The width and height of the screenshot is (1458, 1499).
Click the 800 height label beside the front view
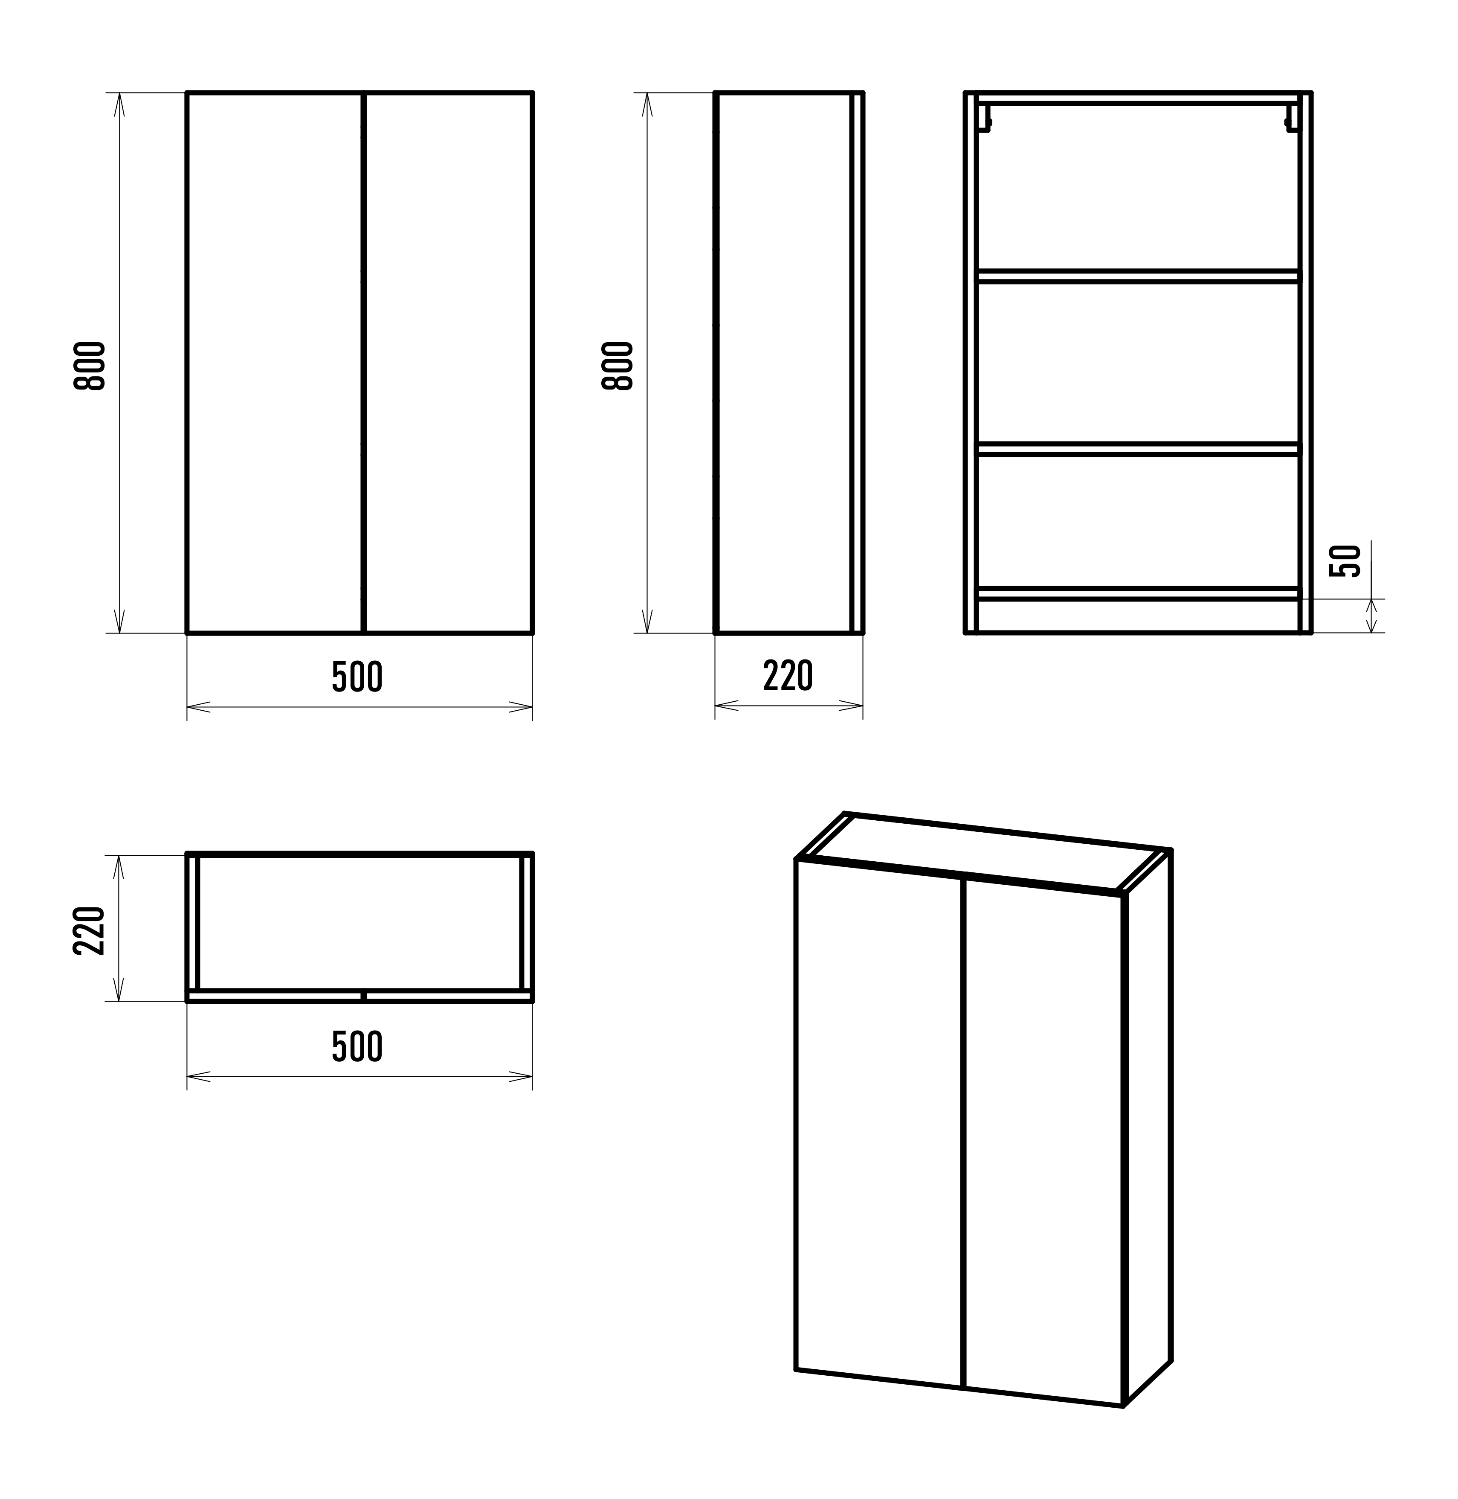click(90, 366)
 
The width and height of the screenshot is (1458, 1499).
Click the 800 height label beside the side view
click(618, 366)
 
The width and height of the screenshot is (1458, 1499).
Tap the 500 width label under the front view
click(357, 677)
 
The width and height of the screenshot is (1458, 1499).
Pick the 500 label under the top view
click(357, 1047)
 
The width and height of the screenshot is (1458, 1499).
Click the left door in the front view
click(274, 363)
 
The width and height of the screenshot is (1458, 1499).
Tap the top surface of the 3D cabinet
click(984, 853)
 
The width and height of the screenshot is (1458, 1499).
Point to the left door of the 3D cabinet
click(879, 1122)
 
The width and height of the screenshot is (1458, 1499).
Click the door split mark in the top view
click(364, 996)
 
